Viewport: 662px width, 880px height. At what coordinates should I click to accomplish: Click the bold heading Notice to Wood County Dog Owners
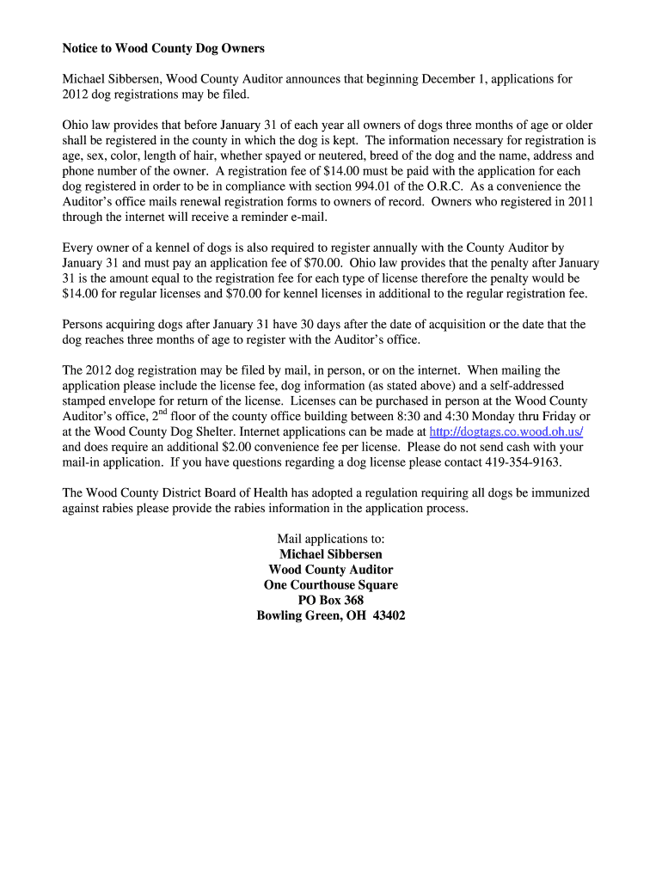tap(163, 48)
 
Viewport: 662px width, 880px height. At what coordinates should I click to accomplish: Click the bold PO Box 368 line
tap(331, 601)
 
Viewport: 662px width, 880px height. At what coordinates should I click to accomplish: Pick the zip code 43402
tap(389, 616)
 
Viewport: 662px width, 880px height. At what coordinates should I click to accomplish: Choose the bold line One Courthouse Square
tap(331, 585)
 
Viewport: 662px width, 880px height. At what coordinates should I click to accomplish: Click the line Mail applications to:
tap(331, 539)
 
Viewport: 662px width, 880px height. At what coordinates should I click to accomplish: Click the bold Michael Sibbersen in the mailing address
tap(331, 554)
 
